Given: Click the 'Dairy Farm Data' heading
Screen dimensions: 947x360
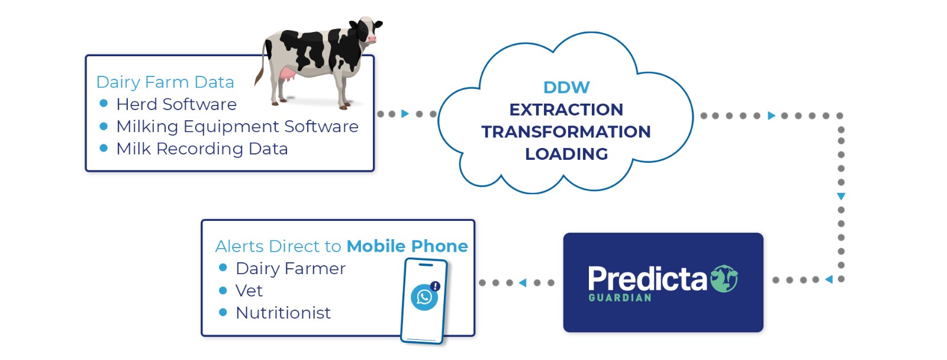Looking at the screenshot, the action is pyautogui.click(x=165, y=82).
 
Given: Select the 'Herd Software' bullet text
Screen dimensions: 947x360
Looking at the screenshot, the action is pyautogui.click(x=176, y=104).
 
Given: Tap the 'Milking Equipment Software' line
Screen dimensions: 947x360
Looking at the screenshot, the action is pyautogui.click(x=237, y=127).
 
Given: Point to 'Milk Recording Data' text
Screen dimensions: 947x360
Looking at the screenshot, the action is pyautogui.click(x=202, y=149).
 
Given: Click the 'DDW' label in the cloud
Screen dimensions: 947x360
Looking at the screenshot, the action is pyautogui.click(x=566, y=88).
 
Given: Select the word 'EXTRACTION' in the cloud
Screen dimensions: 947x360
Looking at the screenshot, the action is pyautogui.click(x=566, y=110).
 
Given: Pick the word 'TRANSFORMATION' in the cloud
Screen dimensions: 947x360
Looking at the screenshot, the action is pyautogui.click(x=566, y=131).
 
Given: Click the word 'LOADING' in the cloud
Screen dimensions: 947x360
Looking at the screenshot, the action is pyautogui.click(x=566, y=154).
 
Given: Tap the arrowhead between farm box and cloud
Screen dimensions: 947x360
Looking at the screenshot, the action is pyautogui.click(x=405, y=114).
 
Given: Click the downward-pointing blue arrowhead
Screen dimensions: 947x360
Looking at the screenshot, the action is pyautogui.click(x=841, y=197).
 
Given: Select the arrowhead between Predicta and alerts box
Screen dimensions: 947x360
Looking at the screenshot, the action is pyautogui.click(x=523, y=282).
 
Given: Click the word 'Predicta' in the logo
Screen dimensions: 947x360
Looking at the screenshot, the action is pyautogui.click(x=648, y=279).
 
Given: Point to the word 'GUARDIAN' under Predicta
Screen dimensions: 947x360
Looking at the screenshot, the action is pyautogui.click(x=620, y=298).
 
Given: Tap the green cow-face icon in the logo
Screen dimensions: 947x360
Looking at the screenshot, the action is pyautogui.click(x=724, y=278).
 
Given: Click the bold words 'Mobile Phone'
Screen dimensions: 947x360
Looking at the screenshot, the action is pyautogui.click(x=407, y=246).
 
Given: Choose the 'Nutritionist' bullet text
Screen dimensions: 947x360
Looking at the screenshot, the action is pyautogui.click(x=284, y=313).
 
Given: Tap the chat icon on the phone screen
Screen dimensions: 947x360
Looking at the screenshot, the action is pyautogui.click(x=424, y=297).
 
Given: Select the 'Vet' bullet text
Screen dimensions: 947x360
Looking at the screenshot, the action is pyautogui.click(x=249, y=291).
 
